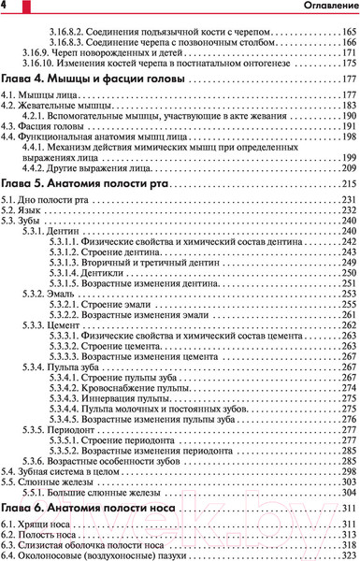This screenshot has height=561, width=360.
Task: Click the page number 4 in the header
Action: (x=5, y=7)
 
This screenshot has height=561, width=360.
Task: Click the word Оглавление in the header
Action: (x=328, y=8)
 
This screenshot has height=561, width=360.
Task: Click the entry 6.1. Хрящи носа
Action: (x=31, y=523)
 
